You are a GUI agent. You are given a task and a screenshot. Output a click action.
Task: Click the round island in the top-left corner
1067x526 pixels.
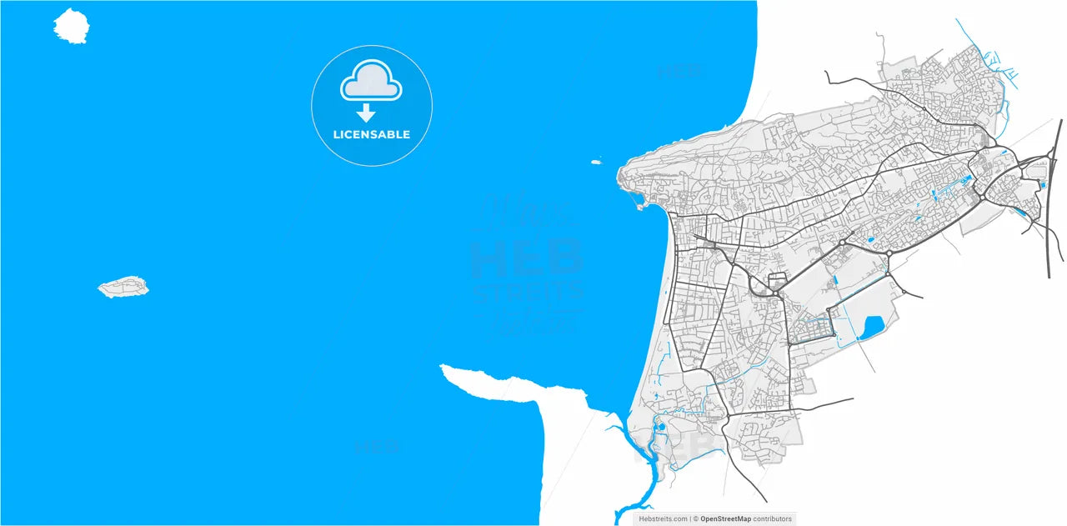[x=71, y=26]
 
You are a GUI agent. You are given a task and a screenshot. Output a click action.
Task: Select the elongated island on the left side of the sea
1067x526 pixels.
[x=123, y=288]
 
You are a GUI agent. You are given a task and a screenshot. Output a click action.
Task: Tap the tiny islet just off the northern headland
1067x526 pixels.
[x=596, y=162]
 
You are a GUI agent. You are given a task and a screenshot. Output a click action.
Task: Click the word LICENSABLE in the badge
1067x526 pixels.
[x=372, y=134]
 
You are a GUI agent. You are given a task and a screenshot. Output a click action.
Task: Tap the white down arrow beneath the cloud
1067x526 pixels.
[x=365, y=113]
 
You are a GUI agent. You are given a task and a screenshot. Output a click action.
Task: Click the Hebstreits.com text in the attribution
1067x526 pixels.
[x=663, y=518]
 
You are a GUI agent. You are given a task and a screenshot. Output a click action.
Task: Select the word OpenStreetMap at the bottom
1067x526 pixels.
[x=725, y=518]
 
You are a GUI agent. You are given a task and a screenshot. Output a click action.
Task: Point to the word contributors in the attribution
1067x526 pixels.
[x=773, y=518]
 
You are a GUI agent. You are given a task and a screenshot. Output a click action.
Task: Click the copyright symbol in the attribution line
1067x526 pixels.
[x=696, y=518]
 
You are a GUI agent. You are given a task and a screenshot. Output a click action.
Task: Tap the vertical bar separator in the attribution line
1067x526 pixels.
[x=690, y=518]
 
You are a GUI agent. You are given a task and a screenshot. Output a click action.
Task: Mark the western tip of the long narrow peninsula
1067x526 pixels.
[x=444, y=368]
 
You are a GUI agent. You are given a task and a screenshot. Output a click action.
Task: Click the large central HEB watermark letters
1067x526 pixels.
[x=525, y=258]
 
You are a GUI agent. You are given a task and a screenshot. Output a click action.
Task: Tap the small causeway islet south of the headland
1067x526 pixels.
[x=639, y=202]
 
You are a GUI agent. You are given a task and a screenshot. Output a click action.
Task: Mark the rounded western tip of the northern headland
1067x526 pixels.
[x=621, y=175]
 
